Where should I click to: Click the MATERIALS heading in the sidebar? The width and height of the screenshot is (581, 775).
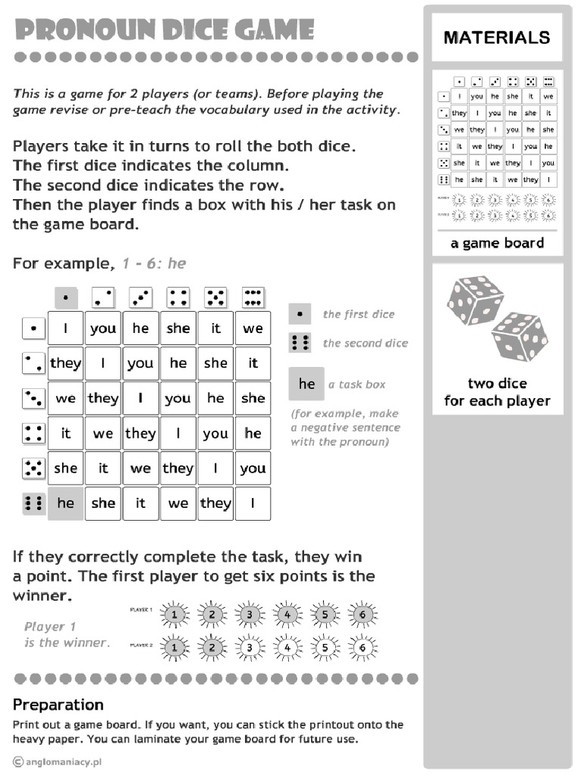point(497,37)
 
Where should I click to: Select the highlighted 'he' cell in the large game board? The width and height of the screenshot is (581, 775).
point(66,503)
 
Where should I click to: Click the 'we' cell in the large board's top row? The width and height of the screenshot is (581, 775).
point(253,328)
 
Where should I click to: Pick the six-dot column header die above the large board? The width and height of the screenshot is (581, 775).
point(253,297)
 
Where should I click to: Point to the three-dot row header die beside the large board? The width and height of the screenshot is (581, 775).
point(33,398)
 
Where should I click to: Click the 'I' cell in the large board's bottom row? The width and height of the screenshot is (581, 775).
point(253,503)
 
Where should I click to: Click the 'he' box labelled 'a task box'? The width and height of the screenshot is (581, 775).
point(306,384)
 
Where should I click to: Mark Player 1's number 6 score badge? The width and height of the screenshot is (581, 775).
point(362,615)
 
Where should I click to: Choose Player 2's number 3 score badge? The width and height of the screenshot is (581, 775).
point(249,648)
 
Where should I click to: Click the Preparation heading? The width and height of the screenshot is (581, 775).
point(58,705)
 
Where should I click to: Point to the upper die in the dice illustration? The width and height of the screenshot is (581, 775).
point(475,300)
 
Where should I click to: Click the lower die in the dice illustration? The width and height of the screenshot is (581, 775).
point(519,335)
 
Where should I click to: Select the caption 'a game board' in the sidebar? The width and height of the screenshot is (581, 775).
point(497,243)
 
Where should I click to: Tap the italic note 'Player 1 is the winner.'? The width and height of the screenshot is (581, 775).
point(67,634)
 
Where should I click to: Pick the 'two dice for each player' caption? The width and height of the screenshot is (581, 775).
point(497,392)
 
